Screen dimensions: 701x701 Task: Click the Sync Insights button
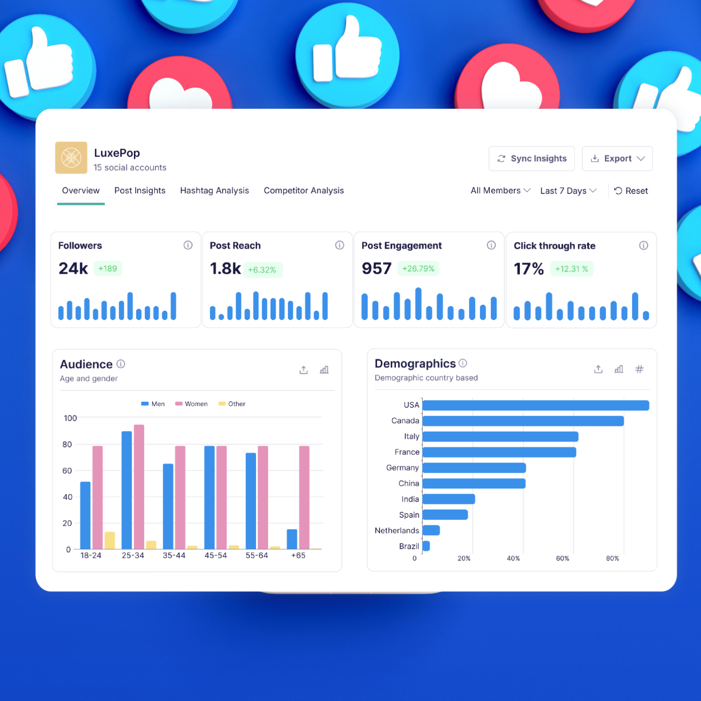tap(532, 159)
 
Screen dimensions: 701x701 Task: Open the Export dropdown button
tap(617, 159)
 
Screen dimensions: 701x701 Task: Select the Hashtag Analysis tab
tap(214, 190)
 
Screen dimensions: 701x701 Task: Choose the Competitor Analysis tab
tap(304, 190)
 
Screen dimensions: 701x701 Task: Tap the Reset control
tap(631, 191)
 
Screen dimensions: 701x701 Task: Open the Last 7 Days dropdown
tap(568, 191)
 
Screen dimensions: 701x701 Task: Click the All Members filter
tap(500, 190)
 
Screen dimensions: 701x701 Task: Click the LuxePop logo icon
tap(71, 157)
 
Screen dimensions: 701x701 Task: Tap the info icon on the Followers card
tap(188, 245)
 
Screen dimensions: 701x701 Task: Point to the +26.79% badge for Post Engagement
tap(418, 269)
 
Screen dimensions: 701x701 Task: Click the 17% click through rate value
tap(528, 269)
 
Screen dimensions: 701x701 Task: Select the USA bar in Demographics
tap(536, 405)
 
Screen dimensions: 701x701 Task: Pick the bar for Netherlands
tap(431, 530)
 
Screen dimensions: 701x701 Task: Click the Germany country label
tap(402, 468)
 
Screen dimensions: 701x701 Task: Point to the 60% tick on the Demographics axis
tap(562, 559)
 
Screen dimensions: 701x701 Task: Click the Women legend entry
tap(192, 404)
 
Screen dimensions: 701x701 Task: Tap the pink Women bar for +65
tap(304, 497)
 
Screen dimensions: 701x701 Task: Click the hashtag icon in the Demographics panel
tap(639, 369)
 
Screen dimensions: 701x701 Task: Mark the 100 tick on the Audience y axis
tap(70, 418)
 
